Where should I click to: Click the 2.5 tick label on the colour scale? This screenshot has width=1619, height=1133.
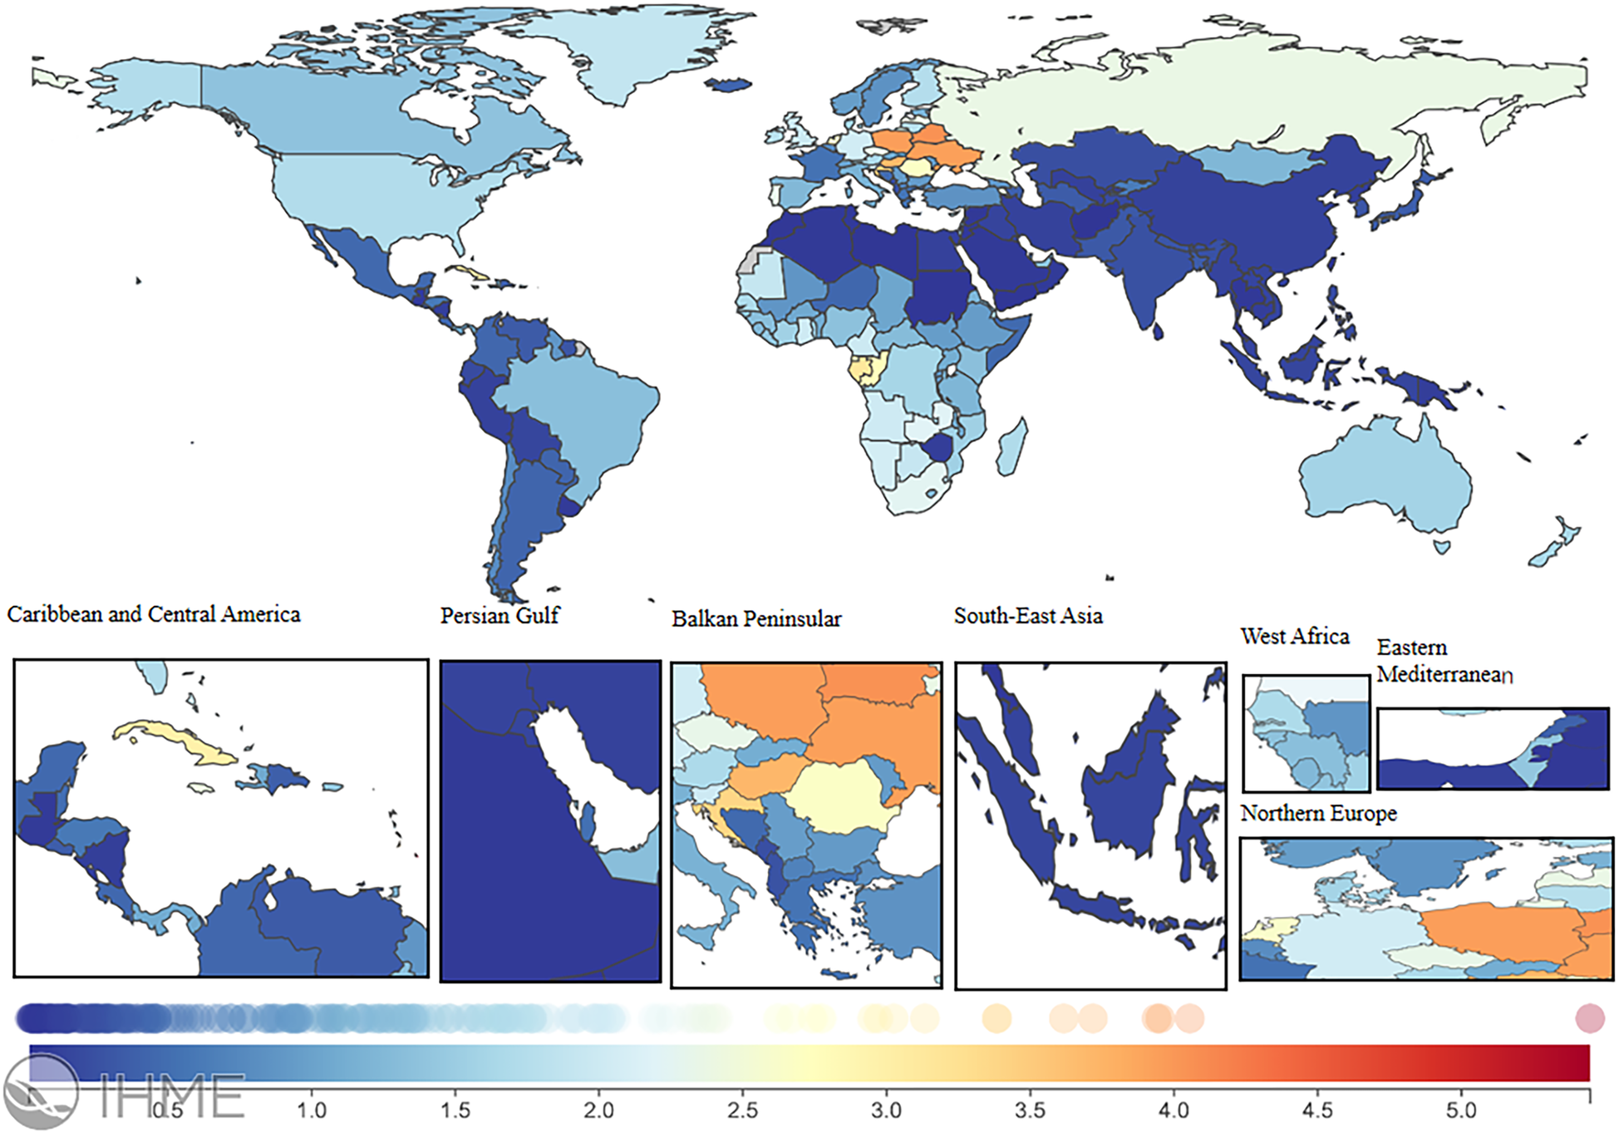(742, 1111)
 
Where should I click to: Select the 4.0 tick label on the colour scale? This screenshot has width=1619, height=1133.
(1174, 1111)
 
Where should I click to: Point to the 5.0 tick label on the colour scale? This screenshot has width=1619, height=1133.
(1461, 1111)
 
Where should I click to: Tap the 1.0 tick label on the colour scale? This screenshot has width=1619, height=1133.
(312, 1111)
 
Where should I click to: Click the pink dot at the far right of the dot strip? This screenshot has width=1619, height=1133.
(1589, 1018)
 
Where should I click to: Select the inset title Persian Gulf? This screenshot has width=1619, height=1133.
(499, 616)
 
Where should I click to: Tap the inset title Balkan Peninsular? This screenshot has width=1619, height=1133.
(756, 619)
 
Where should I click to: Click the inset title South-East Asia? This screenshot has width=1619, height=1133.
(1028, 616)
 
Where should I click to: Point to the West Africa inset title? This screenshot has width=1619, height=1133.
(1294, 637)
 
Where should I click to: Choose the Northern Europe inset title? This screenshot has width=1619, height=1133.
(1318, 814)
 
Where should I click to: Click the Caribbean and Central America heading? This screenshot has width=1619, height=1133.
(154, 614)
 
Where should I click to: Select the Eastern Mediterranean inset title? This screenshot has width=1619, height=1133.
(1444, 661)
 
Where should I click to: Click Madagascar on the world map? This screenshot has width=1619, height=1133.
(1012, 449)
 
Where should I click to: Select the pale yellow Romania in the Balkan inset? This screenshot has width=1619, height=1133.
(839, 798)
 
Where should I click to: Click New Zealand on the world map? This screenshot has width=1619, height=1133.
(1554, 544)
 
